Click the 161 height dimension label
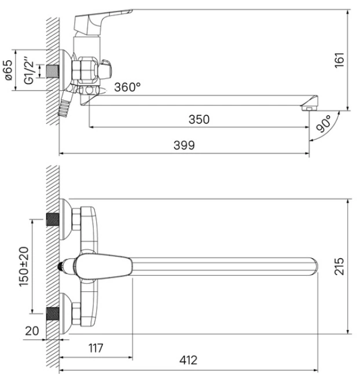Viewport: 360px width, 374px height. tap(340, 60)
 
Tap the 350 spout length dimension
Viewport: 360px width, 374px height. tap(199, 119)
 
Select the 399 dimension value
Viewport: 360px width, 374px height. tap(184, 145)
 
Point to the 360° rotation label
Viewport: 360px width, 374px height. tap(127, 87)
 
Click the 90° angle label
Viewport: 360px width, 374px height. tap(324, 123)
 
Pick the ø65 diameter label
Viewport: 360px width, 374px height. tap(8, 70)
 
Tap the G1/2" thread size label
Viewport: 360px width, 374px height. tap(30, 71)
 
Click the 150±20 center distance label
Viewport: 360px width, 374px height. tap(24, 266)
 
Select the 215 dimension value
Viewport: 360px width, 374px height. tap(339, 266)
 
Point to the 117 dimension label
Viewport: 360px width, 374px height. tap(96, 348)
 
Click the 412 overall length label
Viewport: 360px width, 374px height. tap(188, 360)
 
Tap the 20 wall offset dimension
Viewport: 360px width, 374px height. tap(32, 331)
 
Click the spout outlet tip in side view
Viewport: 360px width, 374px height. tap(310, 104)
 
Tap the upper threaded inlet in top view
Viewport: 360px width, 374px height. tap(53, 219)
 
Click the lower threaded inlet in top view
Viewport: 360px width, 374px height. tap(53, 314)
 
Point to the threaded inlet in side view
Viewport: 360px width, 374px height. tap(53, 71)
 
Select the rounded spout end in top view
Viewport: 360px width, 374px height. tap(314, 267)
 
